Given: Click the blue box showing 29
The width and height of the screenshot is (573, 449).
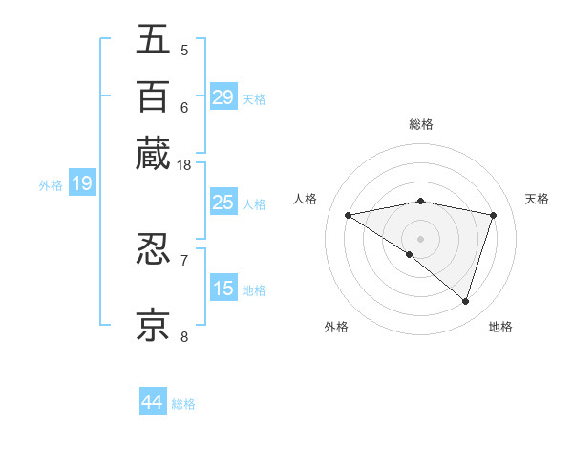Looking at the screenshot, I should tap(223, 97).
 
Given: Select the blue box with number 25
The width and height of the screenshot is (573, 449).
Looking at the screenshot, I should tap(223, 203).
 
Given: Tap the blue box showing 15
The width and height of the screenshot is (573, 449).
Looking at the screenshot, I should tap(223, 289).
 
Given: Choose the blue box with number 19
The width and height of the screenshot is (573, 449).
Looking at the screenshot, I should tap(81, 183).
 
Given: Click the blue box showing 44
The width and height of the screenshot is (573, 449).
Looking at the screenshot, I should tap(152, 402).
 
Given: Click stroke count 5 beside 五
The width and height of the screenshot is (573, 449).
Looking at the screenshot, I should tap(184, 50).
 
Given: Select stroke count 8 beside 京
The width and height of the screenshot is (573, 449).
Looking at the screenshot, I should tap(184, 336).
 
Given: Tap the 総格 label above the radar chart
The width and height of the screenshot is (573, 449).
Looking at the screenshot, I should tap(421, 124).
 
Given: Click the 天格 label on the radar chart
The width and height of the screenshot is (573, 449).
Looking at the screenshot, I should tap(538, 199).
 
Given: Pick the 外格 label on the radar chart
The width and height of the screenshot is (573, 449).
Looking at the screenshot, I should tap(336, 327).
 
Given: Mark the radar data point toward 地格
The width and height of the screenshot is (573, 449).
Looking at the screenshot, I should tap(466, 301).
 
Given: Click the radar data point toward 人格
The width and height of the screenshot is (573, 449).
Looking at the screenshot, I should tap(348, 215).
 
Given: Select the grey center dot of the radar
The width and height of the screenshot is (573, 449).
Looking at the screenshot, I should tap(420, 237).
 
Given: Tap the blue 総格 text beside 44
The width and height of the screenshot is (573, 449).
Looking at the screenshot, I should tap(183, 404).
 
